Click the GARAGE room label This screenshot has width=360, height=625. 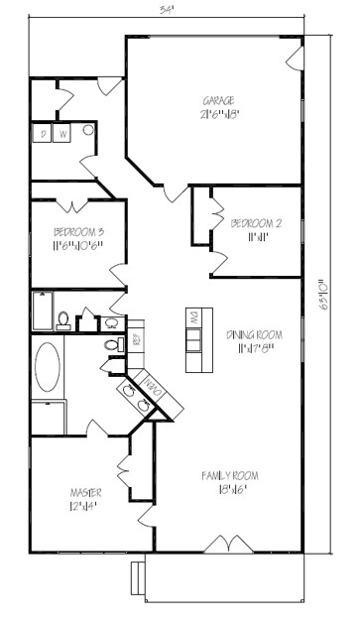(219, 101)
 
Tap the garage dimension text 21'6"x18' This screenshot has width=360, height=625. (219, 114)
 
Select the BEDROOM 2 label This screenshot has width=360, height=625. (257, 224)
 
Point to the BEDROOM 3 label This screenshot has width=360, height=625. (78, 233)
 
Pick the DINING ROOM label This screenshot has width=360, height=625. (255, 334)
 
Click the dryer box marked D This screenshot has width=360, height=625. (45, 134)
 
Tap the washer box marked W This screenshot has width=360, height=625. (62, 134)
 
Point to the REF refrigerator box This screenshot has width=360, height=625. (137, 339)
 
